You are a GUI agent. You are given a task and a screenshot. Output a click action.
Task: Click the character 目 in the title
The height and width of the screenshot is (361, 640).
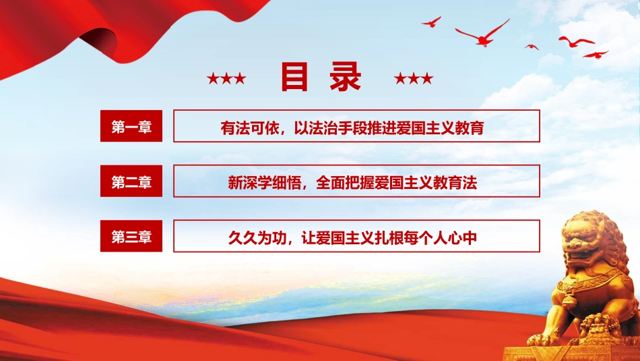click(294, 78)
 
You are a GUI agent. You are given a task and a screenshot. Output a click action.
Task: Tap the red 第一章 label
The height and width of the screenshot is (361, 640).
click(131, 126)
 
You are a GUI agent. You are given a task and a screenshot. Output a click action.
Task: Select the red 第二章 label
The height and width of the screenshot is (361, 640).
click(131, 182)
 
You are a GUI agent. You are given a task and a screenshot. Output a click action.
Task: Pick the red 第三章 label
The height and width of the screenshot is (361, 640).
click(131, 236)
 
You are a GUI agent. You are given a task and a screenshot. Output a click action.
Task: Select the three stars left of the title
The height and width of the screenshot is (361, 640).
click(226, 79)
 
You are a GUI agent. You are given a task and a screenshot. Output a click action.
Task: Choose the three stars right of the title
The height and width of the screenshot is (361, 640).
click(413, 79)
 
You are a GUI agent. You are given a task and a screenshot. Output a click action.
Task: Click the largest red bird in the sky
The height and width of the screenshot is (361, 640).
click(483, 34)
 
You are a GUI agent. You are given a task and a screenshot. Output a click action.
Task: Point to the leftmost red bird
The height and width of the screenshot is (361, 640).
click(431, 22)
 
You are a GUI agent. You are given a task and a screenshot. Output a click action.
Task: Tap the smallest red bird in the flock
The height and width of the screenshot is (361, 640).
click(532, 47)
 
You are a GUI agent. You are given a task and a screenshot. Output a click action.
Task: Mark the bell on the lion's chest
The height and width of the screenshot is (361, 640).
click(571, 298)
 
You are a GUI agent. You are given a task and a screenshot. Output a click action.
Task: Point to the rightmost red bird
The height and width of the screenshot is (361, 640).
click(596, 54)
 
